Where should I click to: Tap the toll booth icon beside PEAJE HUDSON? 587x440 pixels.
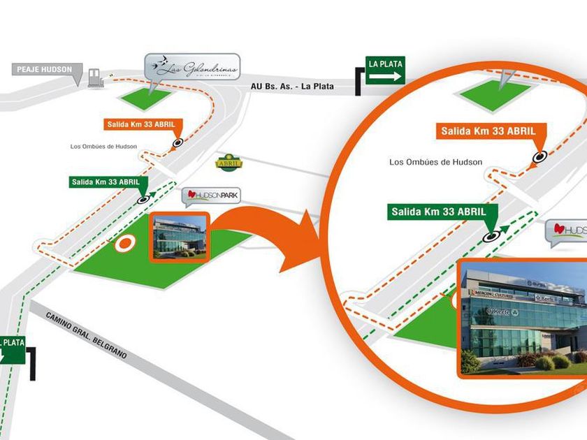[95, 80]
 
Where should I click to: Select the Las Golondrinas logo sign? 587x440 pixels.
[192, 68]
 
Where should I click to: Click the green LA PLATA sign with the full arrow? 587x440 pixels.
[385, 71]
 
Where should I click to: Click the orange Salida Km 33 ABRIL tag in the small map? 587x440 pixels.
[143, 124]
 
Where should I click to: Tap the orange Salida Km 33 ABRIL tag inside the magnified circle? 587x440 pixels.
[487, 131]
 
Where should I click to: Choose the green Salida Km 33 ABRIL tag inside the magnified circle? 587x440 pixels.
[438, 211]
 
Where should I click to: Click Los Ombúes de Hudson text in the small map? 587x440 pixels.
[103, 146]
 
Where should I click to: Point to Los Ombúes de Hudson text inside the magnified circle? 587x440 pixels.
[435, 162]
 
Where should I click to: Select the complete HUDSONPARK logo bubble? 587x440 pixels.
[211, 196]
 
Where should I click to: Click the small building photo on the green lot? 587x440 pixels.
[180, 237]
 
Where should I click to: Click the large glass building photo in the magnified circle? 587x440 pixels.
[523, 318]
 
